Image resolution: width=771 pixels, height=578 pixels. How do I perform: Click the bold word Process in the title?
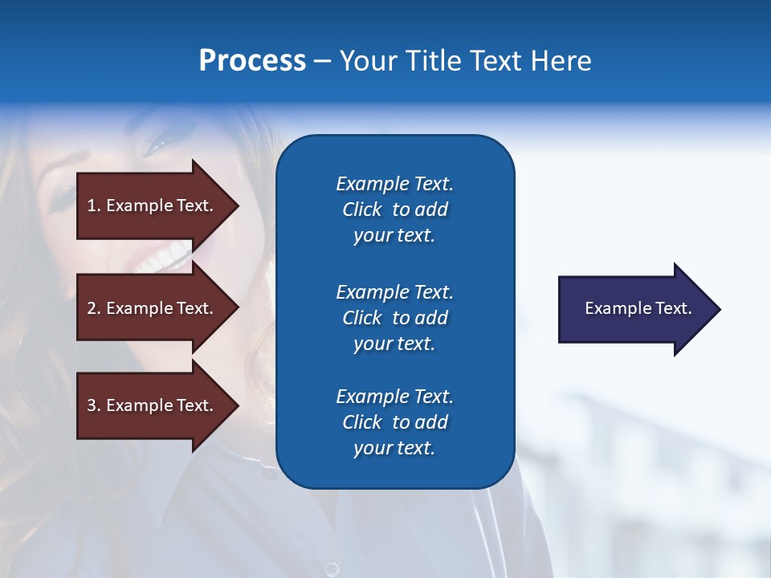coord(252,61)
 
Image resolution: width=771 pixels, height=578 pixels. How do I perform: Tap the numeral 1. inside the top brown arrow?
coord(93,206)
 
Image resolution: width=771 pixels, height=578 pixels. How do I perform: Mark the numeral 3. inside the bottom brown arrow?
coord(93,405)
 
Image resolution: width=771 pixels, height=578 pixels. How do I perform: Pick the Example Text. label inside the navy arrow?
coord(638,308)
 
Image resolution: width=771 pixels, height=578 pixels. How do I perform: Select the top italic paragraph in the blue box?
coord(394,210)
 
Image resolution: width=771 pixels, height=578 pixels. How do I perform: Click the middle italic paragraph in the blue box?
coord(394,318)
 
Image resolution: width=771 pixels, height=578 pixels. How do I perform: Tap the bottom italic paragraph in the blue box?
coord(394,422)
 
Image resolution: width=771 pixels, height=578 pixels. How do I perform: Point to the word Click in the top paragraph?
coord(361,210)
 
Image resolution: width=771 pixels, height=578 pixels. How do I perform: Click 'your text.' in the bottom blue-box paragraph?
coord(394,448)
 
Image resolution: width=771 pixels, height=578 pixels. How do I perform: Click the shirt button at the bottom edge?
coord(331,568)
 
